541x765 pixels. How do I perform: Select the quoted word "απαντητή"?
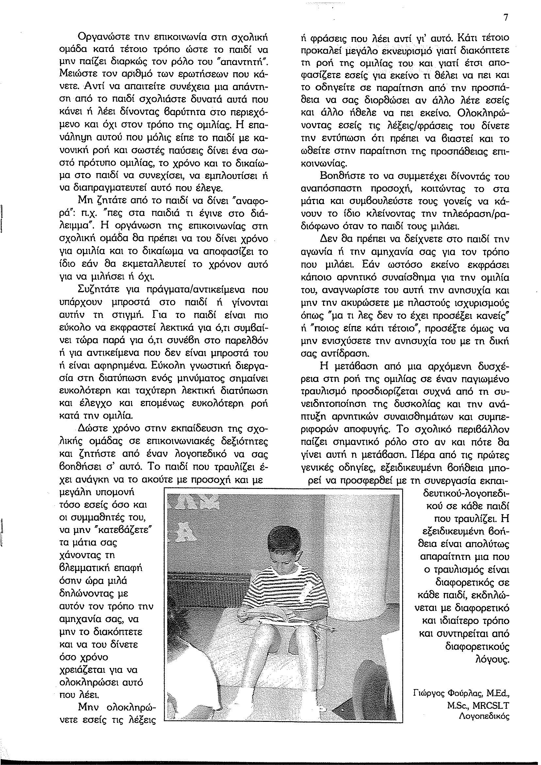tap(246, 61)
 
